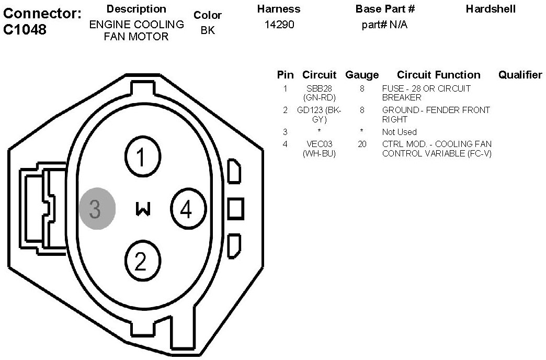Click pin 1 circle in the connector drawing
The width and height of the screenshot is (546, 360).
(x=143, y=157)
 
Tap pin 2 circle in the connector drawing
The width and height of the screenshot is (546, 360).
(x=143, y=261)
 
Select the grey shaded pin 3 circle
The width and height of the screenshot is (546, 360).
(x=97, y=208)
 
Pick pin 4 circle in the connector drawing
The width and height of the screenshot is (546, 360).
(x=188, y=209)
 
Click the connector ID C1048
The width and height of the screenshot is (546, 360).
(x=25, y=29)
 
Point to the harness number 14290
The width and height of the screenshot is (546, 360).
(x=279, y=25)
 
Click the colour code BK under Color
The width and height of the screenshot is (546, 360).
(x=208, y=30)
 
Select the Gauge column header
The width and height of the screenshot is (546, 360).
(x=362, y=75)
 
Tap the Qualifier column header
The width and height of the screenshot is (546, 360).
(x=520, y=75)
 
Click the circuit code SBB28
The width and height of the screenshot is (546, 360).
(x=319, y=88)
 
